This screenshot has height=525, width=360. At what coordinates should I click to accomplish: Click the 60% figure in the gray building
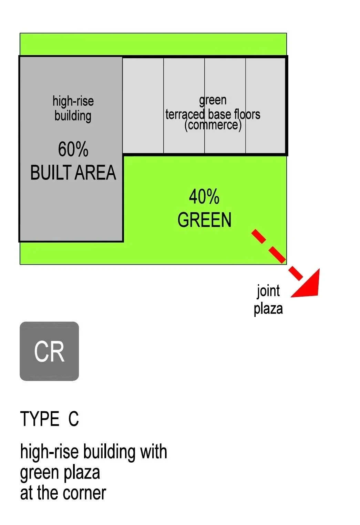[73, 150]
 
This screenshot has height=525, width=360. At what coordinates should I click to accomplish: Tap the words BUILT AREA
[73, 173]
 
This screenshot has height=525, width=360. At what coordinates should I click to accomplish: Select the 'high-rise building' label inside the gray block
[73, 108]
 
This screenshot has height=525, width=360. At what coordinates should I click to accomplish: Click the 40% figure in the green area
[204, 197]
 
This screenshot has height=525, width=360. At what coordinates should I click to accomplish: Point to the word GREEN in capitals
[204, 220]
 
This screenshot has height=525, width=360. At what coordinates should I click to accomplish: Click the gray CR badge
[49, 351]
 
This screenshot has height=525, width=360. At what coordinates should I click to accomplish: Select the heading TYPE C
[49, 419]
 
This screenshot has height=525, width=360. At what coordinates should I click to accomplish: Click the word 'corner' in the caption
[84, 493]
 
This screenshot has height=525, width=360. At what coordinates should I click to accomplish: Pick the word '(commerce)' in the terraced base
[213, 125]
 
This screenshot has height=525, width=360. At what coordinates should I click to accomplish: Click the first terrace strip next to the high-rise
[143, 105]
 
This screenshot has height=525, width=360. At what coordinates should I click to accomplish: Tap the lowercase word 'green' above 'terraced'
[213, 100]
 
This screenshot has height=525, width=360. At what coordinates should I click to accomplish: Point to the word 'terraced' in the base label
[185, 114]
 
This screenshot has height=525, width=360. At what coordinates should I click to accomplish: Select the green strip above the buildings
[153, 44]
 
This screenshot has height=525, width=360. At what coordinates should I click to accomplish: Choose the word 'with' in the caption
[153, 452]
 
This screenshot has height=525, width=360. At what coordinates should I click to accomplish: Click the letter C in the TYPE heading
[73, 419]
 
